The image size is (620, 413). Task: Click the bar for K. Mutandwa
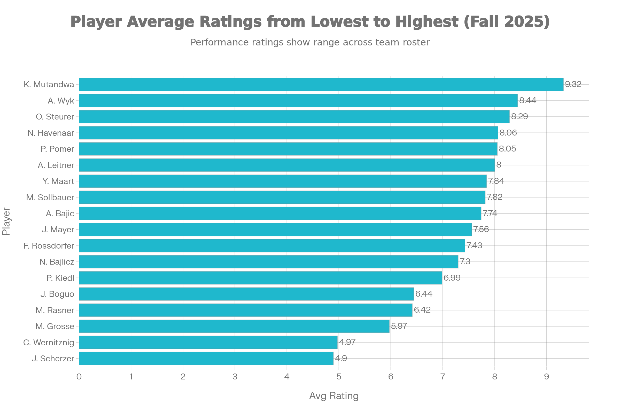click(321, 85)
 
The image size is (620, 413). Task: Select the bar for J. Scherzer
click(206, 359)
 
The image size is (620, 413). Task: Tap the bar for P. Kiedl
click(260, 278)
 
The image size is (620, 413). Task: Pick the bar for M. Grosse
click(234, 326)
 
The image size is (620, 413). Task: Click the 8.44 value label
click(528, 101)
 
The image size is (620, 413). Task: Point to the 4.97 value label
click(347, 342)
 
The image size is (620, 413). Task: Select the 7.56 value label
click(481, 229)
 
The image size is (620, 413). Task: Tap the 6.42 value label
click(422, 310)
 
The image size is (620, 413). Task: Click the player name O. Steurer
click(55, 117)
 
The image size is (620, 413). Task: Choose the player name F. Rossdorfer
click(49, 246)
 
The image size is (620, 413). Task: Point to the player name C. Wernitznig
click(49, 343)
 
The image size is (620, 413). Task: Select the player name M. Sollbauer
click(50, 197)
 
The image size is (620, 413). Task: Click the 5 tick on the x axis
click(339, 377)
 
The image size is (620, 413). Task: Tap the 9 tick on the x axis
click(546, 377)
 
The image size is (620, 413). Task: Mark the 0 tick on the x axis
click(79, 377)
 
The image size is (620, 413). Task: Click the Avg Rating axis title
click(334, 396)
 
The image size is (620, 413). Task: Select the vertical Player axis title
click(6, 221)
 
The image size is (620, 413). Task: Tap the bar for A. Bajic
click(280, 213)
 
